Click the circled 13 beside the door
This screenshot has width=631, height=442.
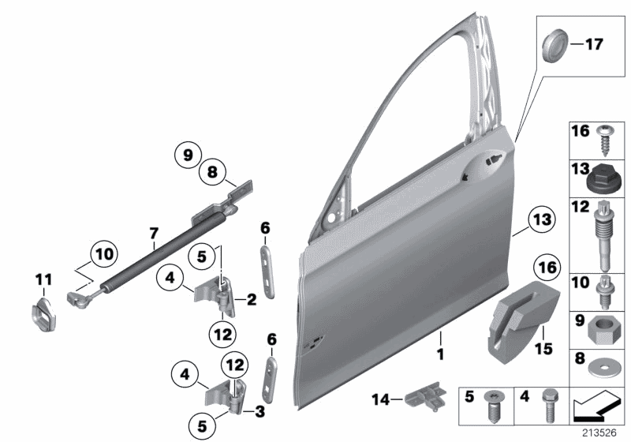pyautogui.click(x=542, y=219)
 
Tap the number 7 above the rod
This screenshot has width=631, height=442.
pyautogui.click(x=155, y=232)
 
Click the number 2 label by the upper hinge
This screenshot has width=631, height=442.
pyautogui.click(x=252, y=300)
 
